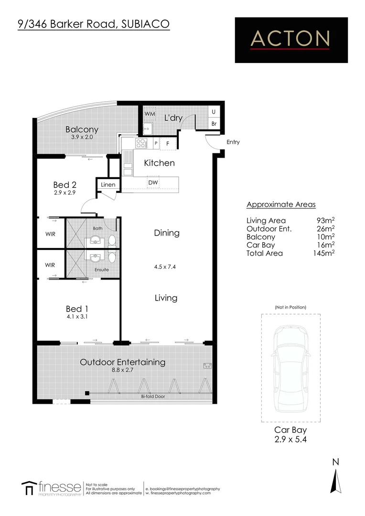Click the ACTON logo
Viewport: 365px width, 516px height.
pos(291,40)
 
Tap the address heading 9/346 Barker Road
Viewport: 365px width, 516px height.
pos(93,23)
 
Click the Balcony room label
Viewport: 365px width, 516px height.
pos(82,129)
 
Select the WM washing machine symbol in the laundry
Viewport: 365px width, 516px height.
pos(150,115)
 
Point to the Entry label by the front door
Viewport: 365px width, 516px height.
pos(233,142)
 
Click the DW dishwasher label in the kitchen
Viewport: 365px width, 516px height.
pos(153,183)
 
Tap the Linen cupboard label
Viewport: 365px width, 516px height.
pos(108,185)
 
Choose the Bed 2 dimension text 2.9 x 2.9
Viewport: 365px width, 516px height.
pos(65,193)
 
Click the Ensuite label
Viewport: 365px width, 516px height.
pos(101,270)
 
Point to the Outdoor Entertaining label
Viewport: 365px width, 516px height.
pos(123,362)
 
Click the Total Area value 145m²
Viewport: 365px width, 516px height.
pos(322,253)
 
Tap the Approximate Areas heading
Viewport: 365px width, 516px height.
pos(281,204)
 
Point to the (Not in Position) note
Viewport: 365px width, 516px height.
pos(290,307)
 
